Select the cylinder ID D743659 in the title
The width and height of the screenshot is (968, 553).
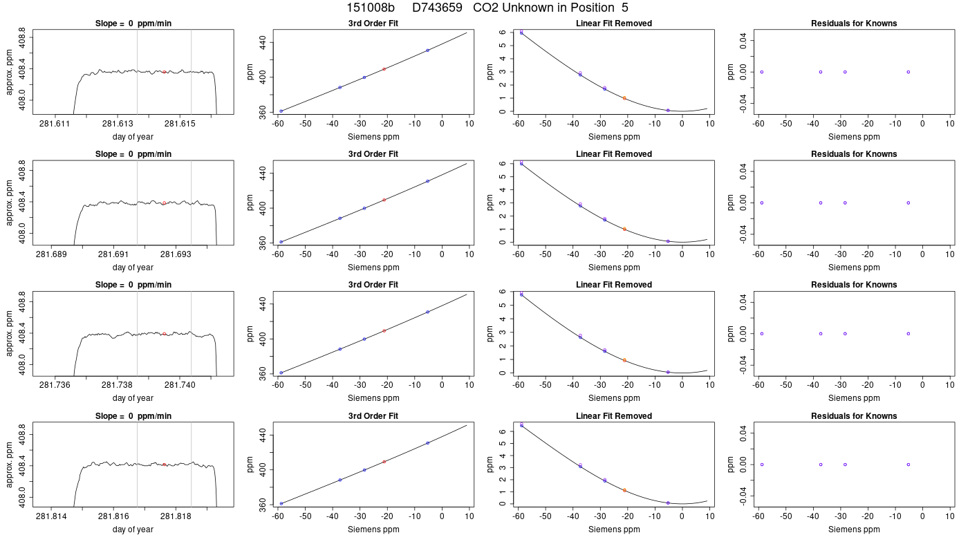pos(437,8)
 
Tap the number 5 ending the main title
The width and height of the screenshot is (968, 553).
pos(625,8)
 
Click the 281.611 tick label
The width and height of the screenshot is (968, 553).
pos(55,124)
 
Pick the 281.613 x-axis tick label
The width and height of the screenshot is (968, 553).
pos(118,124)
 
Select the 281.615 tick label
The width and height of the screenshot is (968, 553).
pos(180,124)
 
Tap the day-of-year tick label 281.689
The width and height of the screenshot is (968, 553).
pos(51,254)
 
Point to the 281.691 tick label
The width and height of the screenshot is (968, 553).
pos(113,254)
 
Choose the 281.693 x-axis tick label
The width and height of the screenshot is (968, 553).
pos(176,254)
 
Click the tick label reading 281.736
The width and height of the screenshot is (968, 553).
pos(55,386)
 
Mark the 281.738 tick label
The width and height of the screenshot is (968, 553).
pos(117,386)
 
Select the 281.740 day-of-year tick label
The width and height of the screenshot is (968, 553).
pos(180,386)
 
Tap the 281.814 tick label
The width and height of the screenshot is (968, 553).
pos(51,516)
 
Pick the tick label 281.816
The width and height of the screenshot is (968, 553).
pos(113,516)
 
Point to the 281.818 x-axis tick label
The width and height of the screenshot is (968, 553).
pos(176,516)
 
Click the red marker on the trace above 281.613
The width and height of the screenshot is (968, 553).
pos(165,72)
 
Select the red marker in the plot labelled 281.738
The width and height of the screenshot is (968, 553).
pos(165,334)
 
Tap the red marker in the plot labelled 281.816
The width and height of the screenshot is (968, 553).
pos(165,465)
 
